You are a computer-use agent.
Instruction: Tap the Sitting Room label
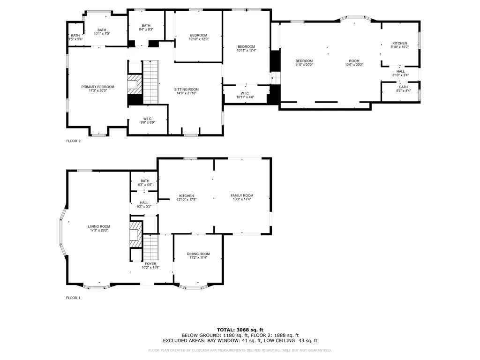pos(187,91)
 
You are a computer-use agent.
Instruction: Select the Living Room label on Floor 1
pos(99,228)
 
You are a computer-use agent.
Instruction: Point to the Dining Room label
pos(198,255)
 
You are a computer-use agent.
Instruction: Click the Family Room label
pos(241,197)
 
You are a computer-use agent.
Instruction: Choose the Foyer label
pos(150,266)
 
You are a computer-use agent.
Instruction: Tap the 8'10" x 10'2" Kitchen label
pos(400,45)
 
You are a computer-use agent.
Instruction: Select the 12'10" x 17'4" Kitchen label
pos(187,197)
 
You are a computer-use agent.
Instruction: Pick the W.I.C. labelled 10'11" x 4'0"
pos(246,95)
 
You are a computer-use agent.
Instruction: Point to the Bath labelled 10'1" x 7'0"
pos(102,32)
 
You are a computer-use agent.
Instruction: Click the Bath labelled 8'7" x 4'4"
pos(403,89)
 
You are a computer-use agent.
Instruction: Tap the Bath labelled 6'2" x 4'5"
pos(144,183)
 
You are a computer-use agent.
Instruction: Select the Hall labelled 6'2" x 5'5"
pos(144,204)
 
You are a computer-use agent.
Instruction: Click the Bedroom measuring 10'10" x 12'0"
pos(198,37)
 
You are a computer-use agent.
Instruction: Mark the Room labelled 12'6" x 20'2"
pos(354,63)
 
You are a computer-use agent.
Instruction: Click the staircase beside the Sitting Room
pos(150,82)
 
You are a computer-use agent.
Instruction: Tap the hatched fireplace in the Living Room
pos(135,234)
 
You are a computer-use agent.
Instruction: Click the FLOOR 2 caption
pos(73,141)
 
